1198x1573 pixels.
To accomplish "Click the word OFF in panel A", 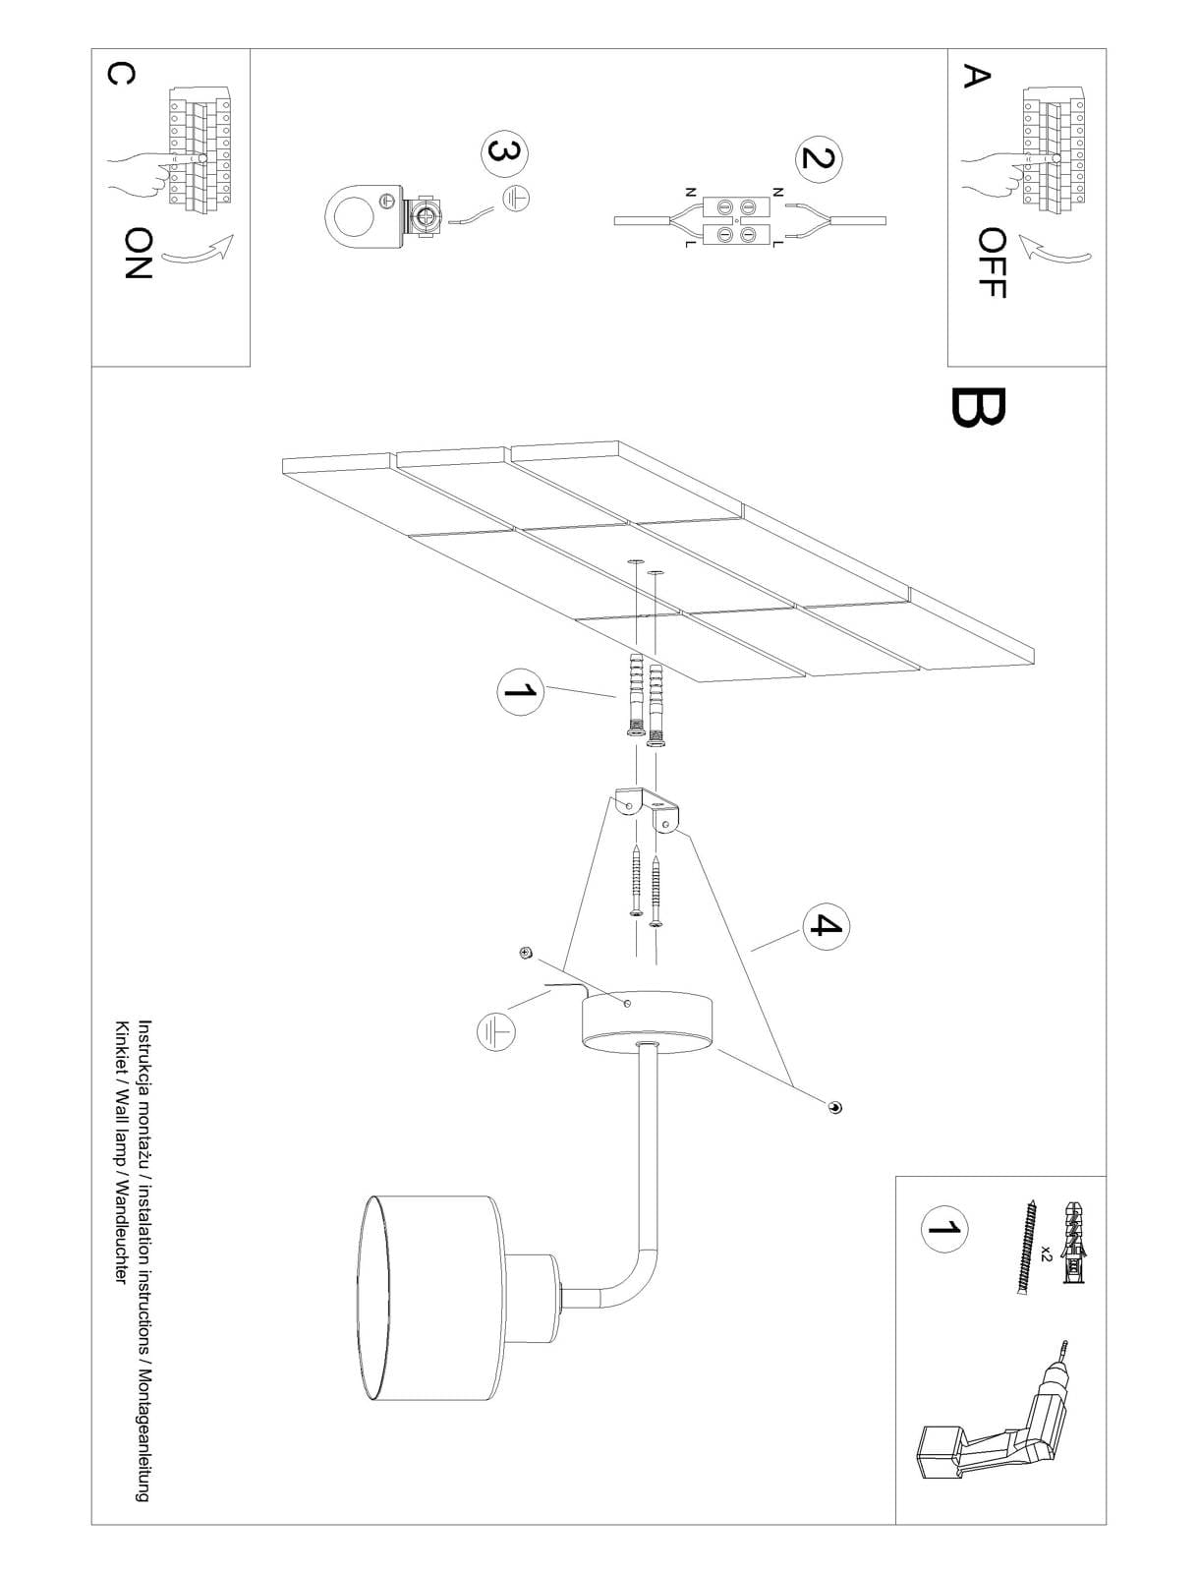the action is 993,262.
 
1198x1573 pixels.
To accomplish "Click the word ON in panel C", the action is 138,253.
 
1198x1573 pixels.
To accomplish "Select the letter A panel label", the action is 976,75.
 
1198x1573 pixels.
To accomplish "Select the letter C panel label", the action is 120,74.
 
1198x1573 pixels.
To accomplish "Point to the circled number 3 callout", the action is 504,153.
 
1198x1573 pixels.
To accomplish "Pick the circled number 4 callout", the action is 826,927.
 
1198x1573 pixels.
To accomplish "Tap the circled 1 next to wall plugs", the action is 521,691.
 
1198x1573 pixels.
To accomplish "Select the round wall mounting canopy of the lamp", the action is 648,1021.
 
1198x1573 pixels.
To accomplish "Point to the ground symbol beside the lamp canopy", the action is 495,1032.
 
